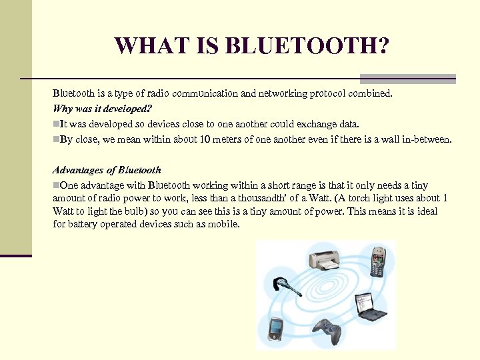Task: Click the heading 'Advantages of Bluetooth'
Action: [x=107, y=170]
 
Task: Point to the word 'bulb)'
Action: [x=134, y=211]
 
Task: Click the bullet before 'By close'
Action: [x=56, y=140]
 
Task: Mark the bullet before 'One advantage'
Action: [x=56, y=185]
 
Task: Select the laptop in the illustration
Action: [x=370, y=306]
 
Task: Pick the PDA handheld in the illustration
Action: [x=276, y=328]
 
